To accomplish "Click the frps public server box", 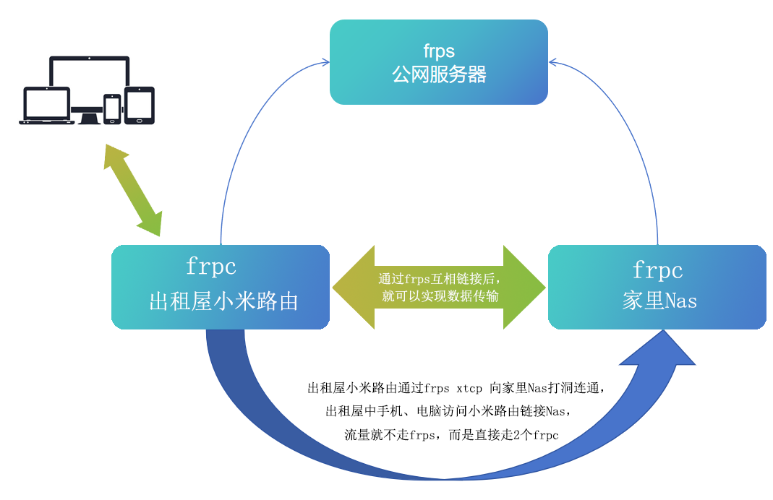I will coord(438,62).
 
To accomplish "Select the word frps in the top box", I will coord(439,51).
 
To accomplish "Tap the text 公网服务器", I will coord(439,74).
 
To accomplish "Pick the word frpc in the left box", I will coord(211,267).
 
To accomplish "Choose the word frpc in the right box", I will coord(657,270).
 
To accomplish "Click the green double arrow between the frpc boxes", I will coord(438,288).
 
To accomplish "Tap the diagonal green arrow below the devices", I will coord(132,189).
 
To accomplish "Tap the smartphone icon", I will coord(112,108).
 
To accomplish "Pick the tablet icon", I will coord(140,105).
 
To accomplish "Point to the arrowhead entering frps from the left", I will coord(326,64).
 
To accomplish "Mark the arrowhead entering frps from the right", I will coord(552,64).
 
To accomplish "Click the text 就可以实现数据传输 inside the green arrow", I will coord(439,296).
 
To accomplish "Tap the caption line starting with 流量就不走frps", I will coord(453,435).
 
